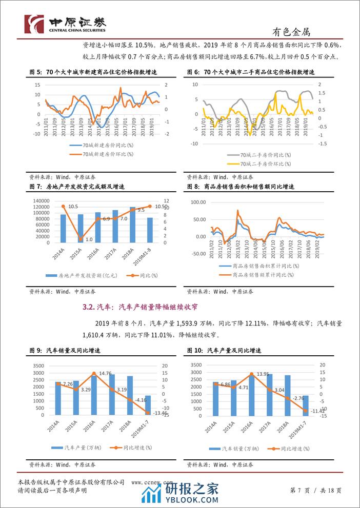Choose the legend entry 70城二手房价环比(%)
[x=266, y=164]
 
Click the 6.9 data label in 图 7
[x=106, y=219]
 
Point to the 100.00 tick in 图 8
[x=198, y=202]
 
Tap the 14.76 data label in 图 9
[x=104, y=374]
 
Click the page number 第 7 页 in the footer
[x=301, y=491]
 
